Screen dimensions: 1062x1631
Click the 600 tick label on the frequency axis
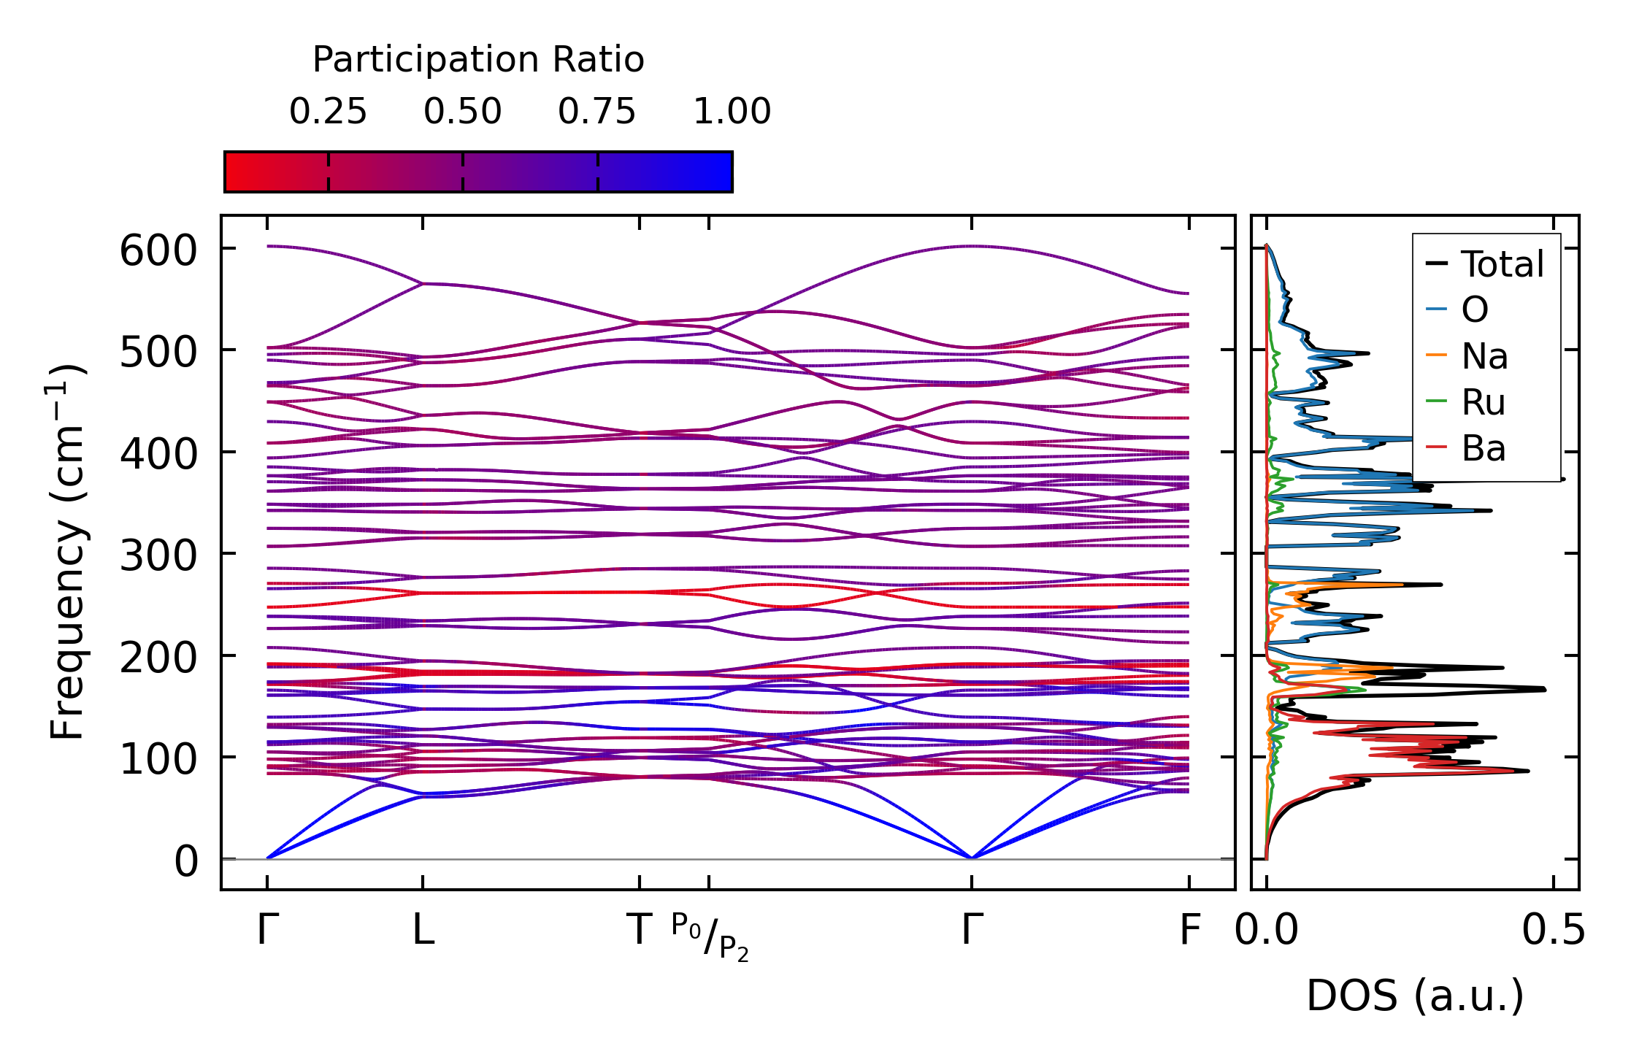[158, 252]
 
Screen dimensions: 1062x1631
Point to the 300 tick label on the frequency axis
[158, 557]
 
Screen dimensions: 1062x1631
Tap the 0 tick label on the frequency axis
[185, 862]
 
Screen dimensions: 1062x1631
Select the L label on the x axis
[423, 931]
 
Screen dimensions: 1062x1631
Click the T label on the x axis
[640, 931]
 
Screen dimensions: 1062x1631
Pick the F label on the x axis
[1190, 931]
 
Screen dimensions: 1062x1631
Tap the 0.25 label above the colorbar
[328, 112]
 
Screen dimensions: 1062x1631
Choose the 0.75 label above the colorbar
[597, 112]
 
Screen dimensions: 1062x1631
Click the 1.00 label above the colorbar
[732, 112]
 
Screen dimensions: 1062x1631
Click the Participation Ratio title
[478, 60]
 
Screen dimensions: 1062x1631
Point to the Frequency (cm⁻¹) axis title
[67, 552]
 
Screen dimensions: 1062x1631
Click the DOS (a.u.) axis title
[1415, 996]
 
